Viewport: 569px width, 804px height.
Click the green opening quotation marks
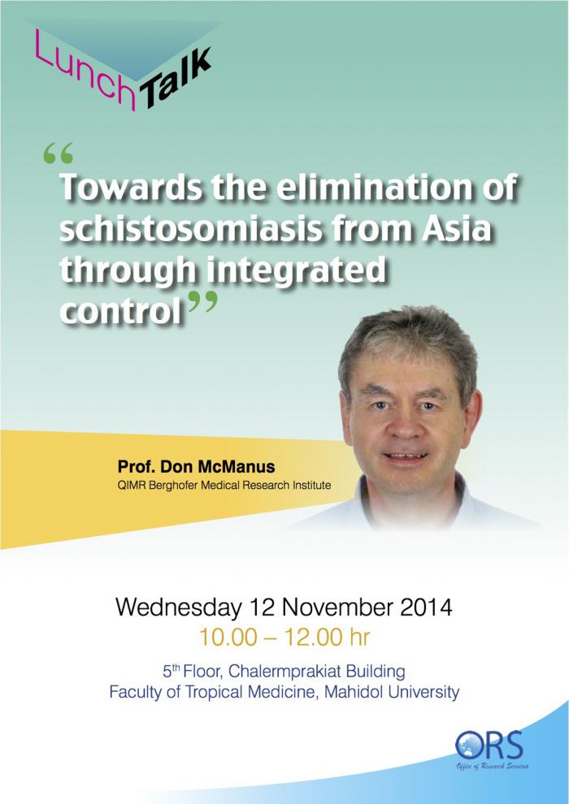[58, 153]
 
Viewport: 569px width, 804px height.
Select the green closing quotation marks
[203, 301]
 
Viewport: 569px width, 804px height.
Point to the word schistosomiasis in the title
[190, 229]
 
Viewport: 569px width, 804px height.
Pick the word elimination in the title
[379, 187]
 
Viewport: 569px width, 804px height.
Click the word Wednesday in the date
[178, 608]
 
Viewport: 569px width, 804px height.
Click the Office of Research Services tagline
[493, 767]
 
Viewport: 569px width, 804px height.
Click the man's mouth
[406, 456]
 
